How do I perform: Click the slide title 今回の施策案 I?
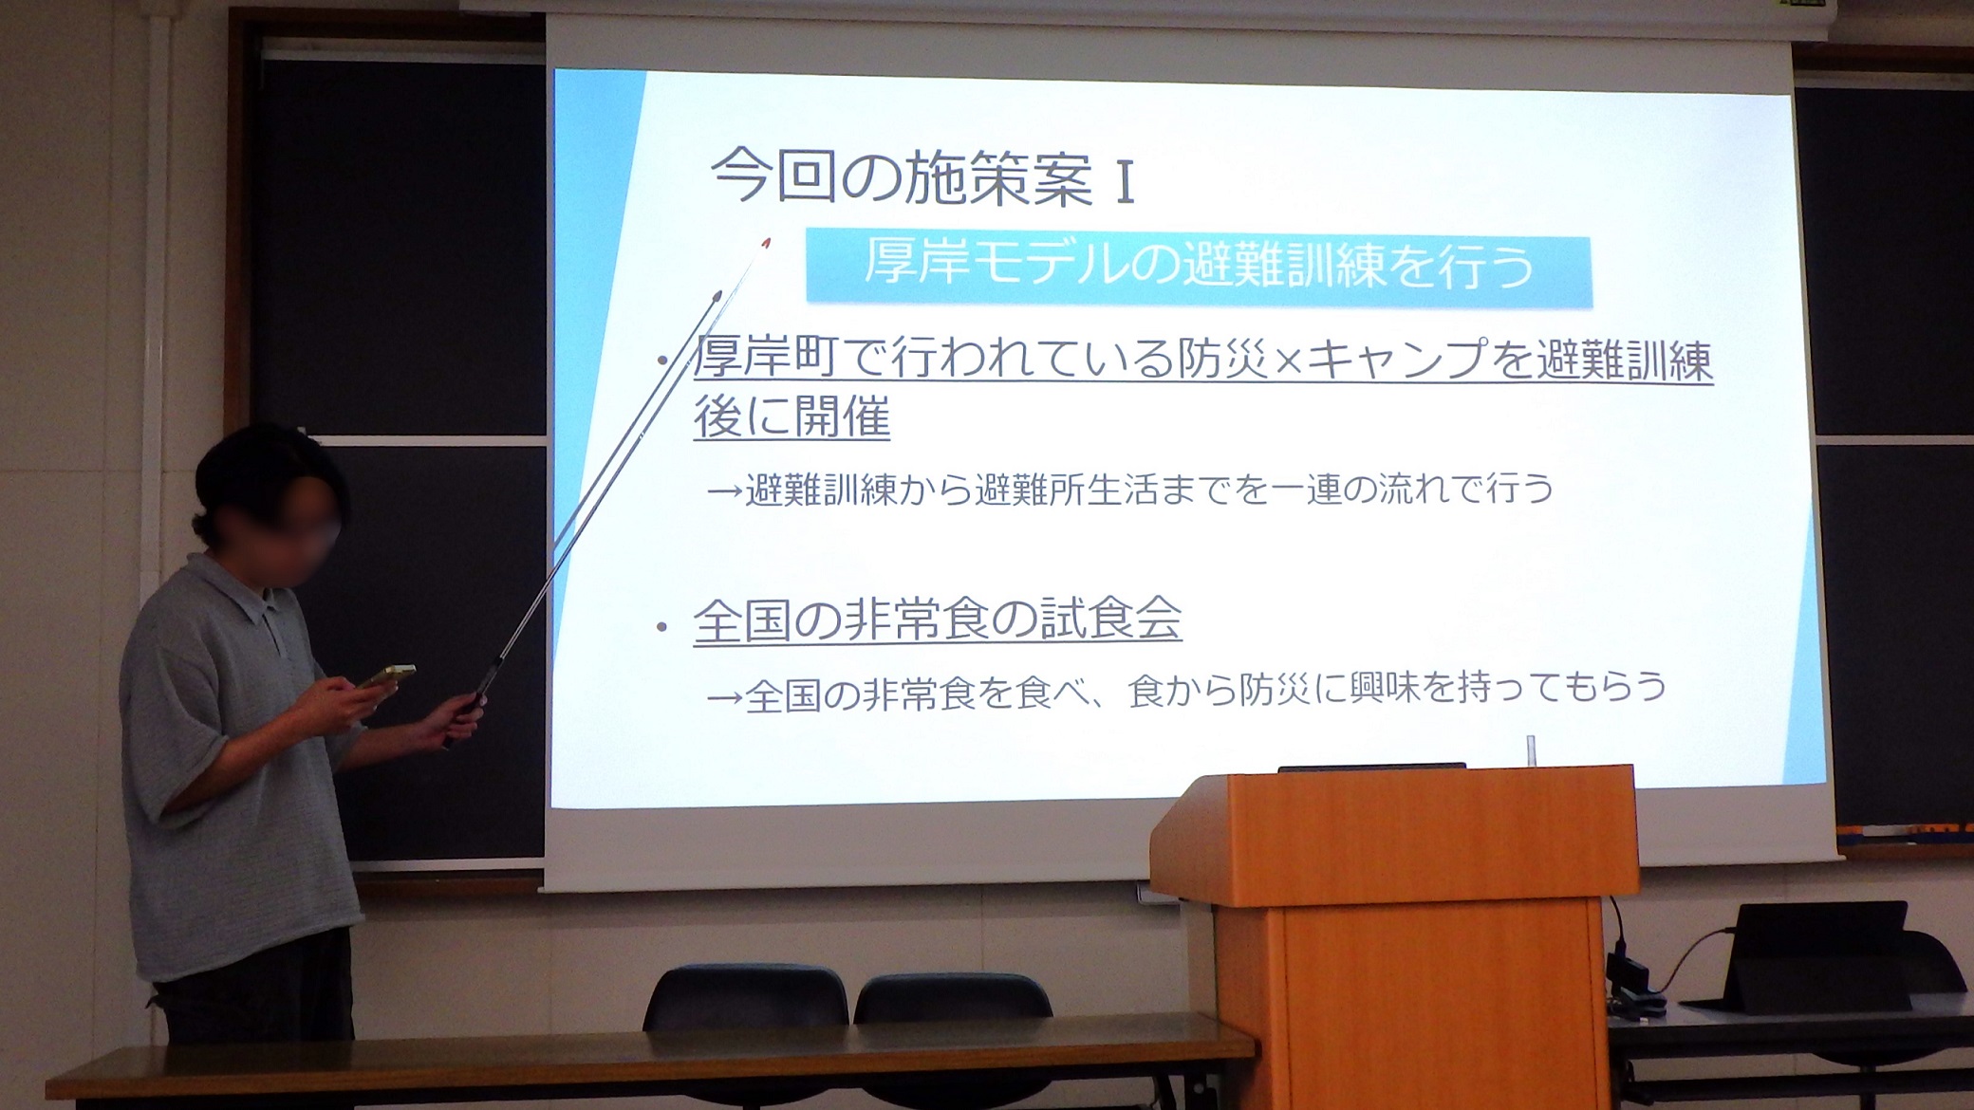922,177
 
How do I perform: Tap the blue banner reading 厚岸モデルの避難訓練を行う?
1199,270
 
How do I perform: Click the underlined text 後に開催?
791,417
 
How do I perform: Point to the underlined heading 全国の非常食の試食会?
938,620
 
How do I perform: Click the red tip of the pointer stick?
765,244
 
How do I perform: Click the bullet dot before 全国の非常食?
661,627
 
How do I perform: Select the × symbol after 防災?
1289,363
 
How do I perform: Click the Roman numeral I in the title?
1125,182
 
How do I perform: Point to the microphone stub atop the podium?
1530,749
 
